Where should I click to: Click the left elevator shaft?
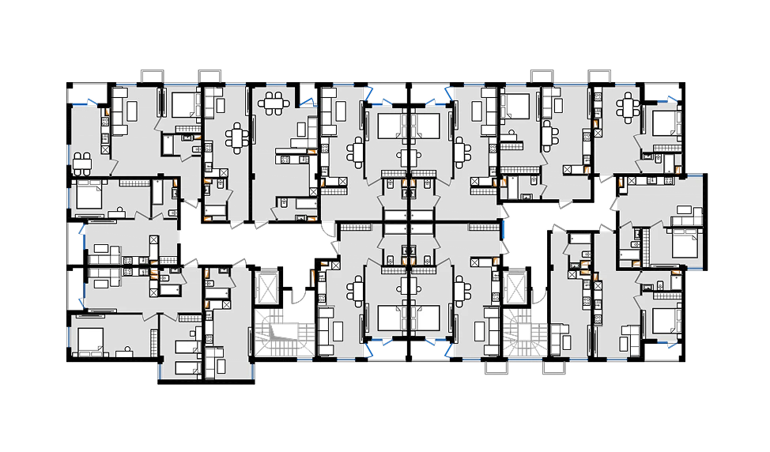pos(266,288)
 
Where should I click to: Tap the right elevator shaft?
pos(518,288)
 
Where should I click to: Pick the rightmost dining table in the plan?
pos(628,106)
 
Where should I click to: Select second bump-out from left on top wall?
pos(210,72)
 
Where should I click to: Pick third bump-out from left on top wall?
pos(542,72)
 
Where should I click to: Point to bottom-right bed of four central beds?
pos(427,318)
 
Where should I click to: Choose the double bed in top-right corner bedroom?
pos(666,122)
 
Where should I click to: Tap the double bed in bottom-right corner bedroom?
pos(666,320)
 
